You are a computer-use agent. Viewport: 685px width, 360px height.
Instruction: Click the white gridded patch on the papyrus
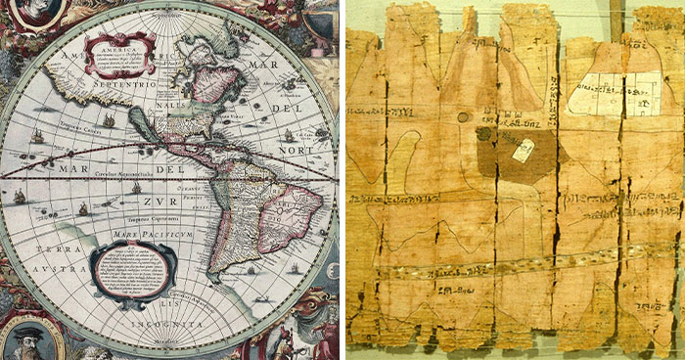tap(609, 93)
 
